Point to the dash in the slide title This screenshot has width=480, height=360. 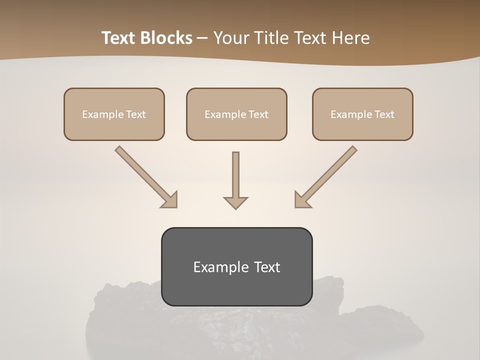pyautogui.click(x=202, y=38)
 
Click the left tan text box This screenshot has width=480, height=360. pyautogui.click(x=114, y=114)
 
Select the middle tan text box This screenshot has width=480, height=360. pyautogui.click(x=236, y=114)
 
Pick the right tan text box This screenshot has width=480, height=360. pyautogui.click(x=362, y=114)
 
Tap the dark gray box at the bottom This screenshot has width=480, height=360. pyautogui.click(x=236, y=266)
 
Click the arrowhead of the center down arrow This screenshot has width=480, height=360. pyautogui.click(x=235, y=202)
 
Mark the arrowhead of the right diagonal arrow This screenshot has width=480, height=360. pyautogui.click(x=302, y=200)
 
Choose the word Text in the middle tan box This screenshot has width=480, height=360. pyautogui.click(x=258, y=114)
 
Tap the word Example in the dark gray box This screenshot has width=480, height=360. pyautogui.click(x=221, y=267)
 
